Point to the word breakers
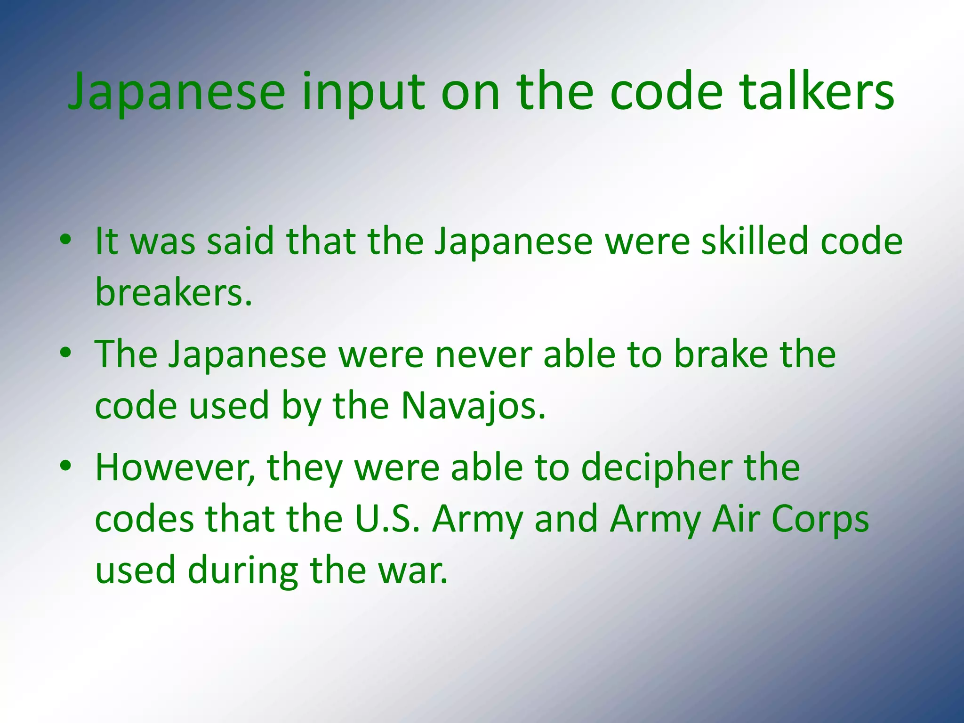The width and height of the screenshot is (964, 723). pyautogui.click(x=173, y=292)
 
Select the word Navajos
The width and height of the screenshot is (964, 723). pyautogui.click(x=473, y=405)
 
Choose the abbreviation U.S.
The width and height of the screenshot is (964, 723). pyautogui.click(x=387, y=519)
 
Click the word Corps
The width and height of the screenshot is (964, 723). pyautogui.click(x=819, y=519)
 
